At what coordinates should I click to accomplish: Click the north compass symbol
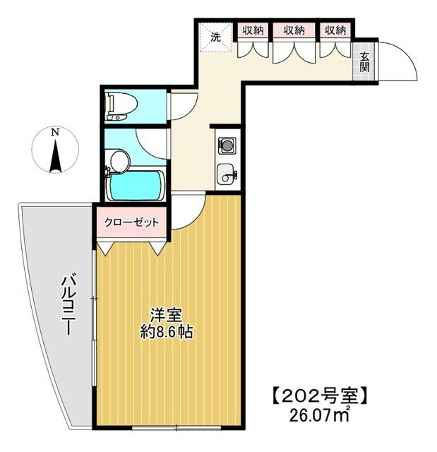click(x=54, y=150)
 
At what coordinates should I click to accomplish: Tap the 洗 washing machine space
click(x=213, y=35)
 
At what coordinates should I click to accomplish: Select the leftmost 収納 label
click(x=253, y=30)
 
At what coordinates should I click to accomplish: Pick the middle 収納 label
click(x=294, y=30)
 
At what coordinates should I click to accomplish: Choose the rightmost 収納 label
click(x=335, y=30)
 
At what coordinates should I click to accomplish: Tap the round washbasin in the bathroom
click(x=119, y=162)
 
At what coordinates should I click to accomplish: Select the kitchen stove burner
click(x=227, y=145)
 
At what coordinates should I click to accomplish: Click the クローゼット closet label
click(x=132, y=222)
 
